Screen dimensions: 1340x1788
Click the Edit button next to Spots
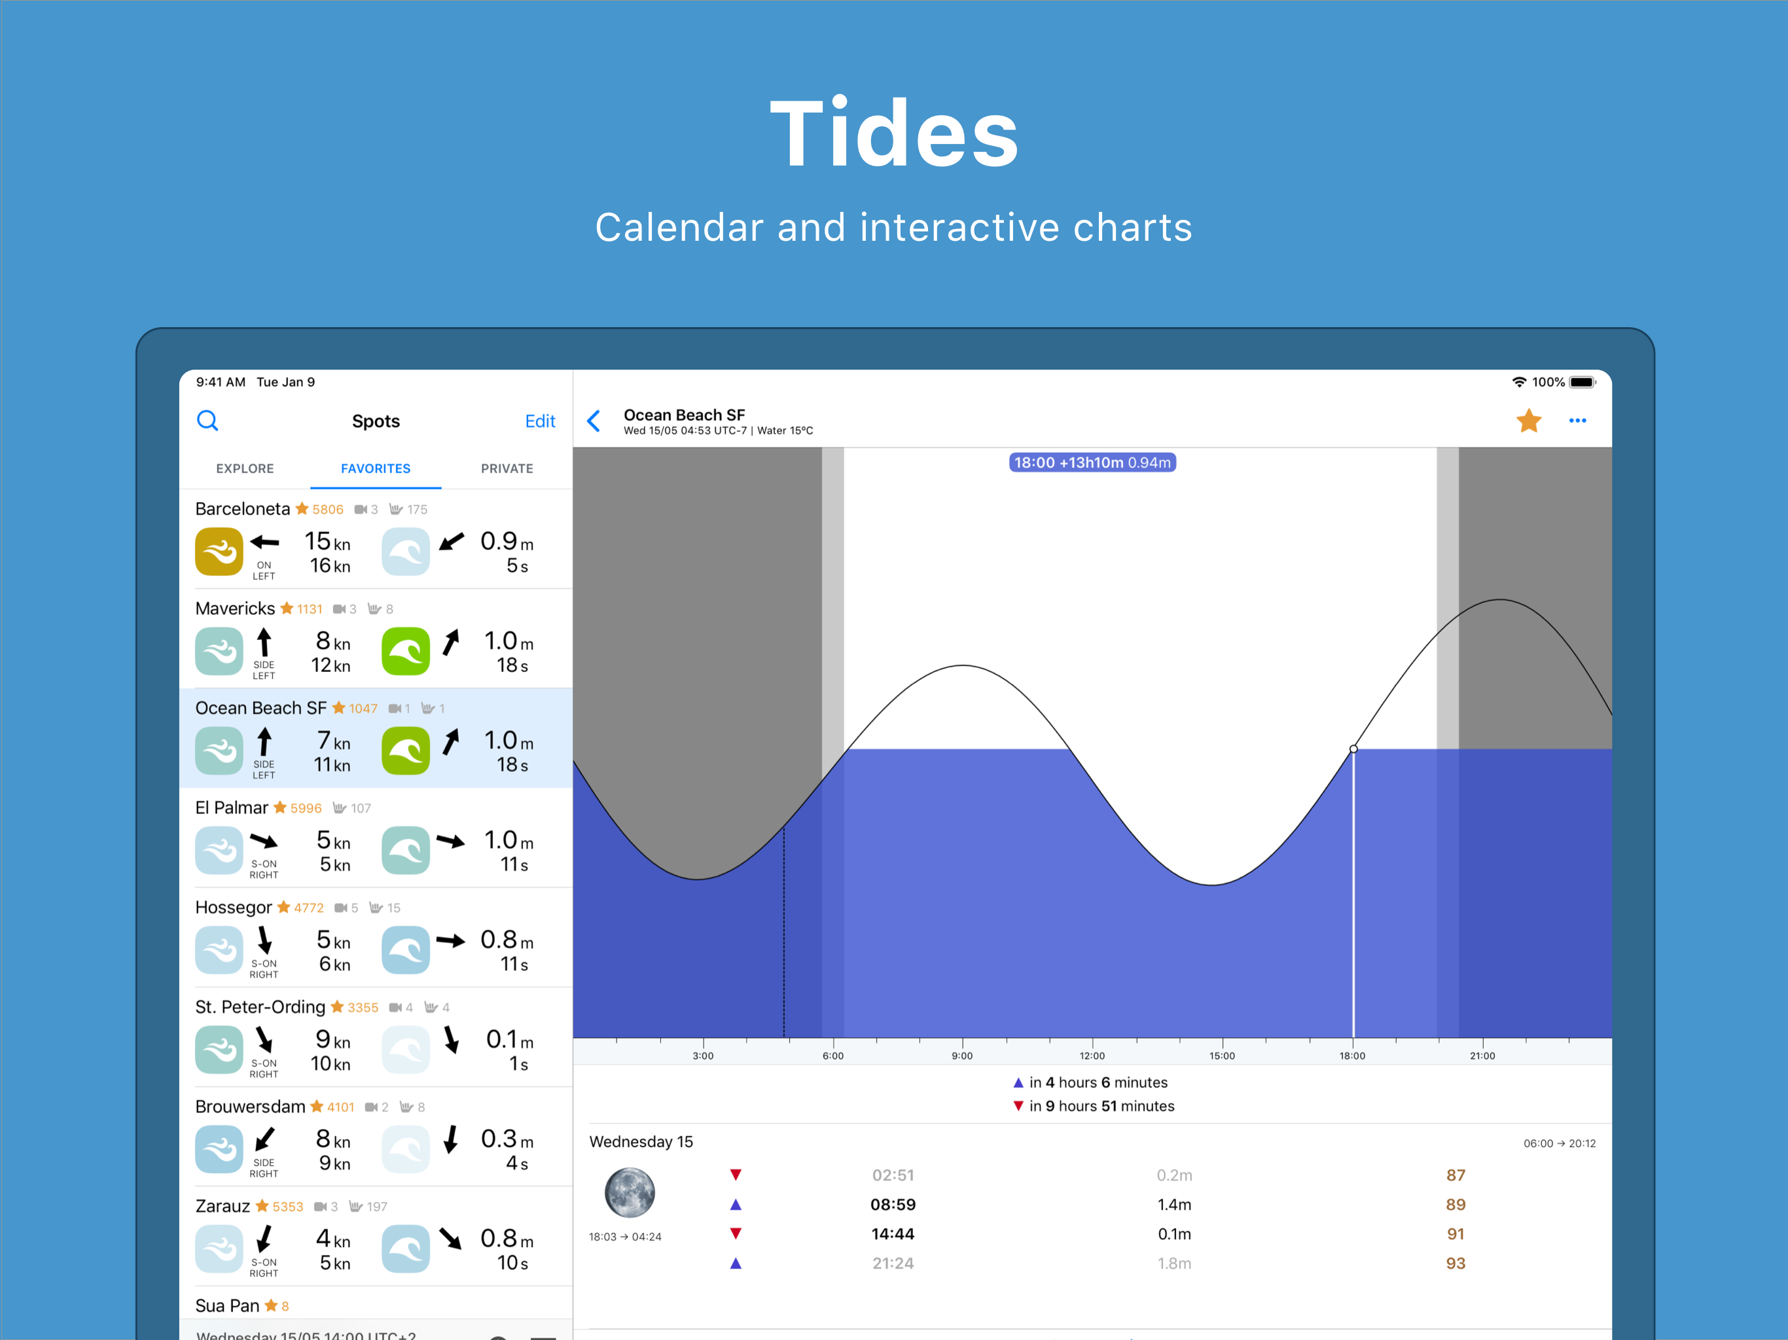click(539, 421)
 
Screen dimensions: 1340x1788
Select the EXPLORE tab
click(245, 468)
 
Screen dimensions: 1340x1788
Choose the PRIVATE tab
click(507, 468)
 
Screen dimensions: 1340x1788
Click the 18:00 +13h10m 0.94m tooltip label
click(1092, 463)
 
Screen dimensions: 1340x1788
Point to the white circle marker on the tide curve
click(1353, 749)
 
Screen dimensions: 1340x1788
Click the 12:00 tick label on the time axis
click(1092, 1055)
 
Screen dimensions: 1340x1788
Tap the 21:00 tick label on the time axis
click(1482, 1055)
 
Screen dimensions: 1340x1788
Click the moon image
click(630, 1192)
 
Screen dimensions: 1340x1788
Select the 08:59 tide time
click(893, 1204)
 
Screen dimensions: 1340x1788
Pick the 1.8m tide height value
click(1173, 1263)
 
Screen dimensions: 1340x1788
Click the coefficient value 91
click(1455, 1234)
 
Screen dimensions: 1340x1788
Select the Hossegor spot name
click(234, 908)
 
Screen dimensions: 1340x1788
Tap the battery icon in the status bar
click(1582, 382)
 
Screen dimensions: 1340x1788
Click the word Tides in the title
click(894, 133)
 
